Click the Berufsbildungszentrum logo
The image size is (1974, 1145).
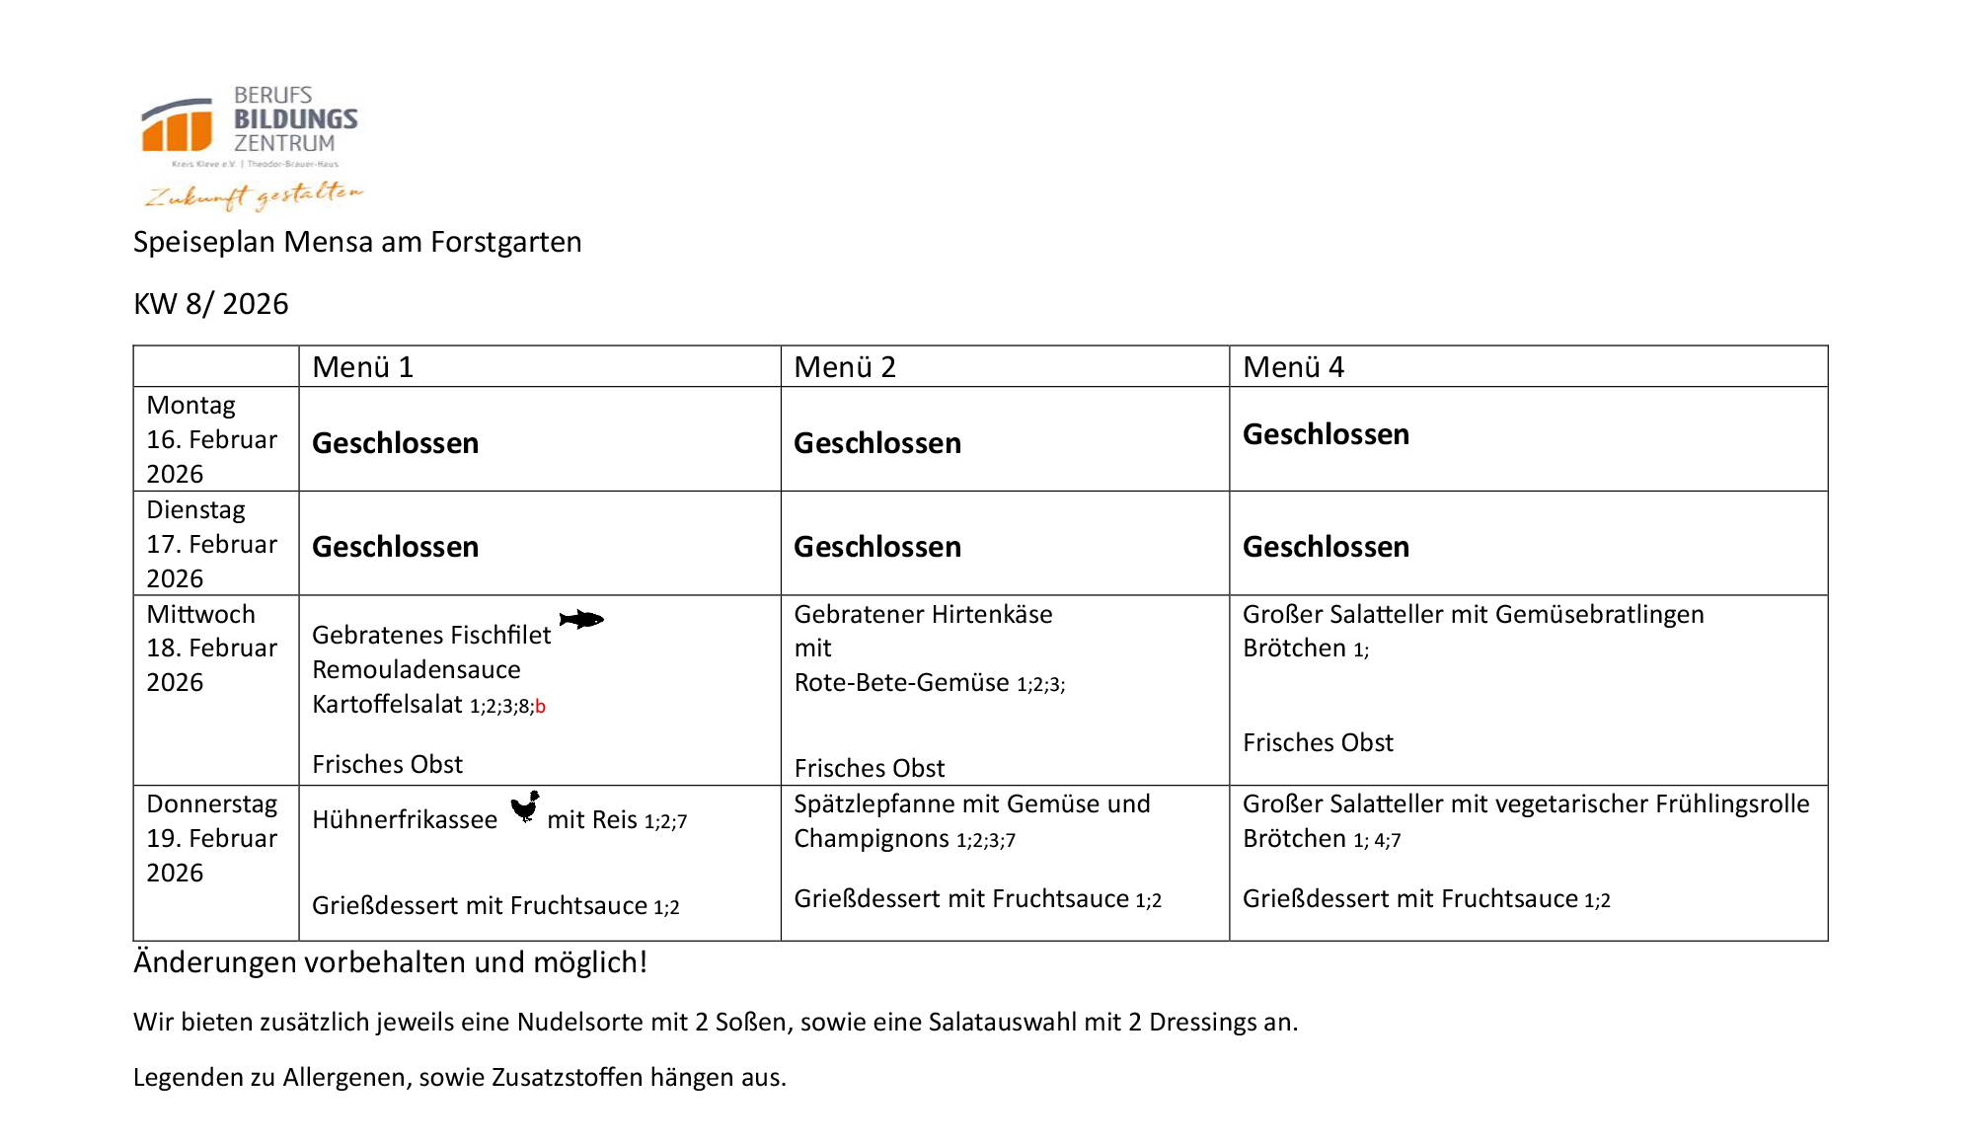coord(252,146)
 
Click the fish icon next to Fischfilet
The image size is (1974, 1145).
coord(581,620)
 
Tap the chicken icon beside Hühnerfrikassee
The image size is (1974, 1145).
coord(525,807)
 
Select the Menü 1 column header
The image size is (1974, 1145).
coord(362,367)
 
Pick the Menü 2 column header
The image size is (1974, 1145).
coord(845,367)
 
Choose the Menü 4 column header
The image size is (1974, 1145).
coord(1293,367)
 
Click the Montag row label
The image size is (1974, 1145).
coord(191,406)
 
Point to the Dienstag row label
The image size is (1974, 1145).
coord(195,510)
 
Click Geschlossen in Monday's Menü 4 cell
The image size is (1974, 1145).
coord(1326,434)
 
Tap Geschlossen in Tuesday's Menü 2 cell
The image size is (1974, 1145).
coord(877,547)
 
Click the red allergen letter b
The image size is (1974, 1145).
coord(541,707)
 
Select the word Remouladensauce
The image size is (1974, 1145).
coord(417,670)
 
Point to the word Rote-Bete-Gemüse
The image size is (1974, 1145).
coord(902,683)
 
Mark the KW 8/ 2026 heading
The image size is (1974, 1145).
coord(211,304)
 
